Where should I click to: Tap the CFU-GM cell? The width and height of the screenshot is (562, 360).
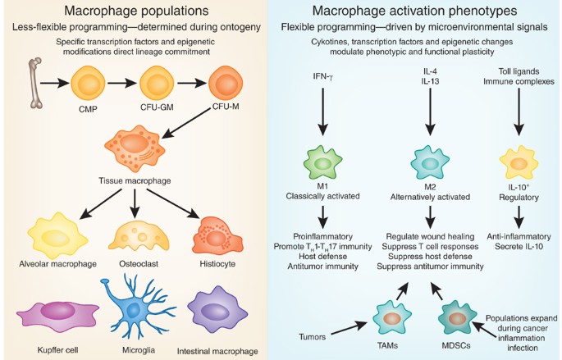click(x=161, y=84)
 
